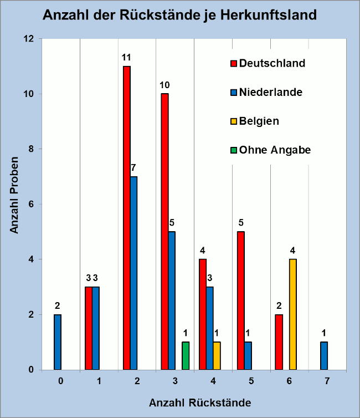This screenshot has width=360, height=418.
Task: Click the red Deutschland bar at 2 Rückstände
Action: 127,218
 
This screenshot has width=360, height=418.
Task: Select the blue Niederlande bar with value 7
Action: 134,273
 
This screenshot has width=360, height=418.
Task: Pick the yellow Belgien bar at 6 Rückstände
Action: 293,314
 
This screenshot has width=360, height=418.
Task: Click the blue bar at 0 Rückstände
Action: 58,341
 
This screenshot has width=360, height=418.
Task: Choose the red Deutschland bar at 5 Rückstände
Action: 241,300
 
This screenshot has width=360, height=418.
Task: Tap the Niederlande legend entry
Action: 266,92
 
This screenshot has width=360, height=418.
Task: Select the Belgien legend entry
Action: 254,121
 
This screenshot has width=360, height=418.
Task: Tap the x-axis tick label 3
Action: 175,381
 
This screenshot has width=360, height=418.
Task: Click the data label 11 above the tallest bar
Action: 127,57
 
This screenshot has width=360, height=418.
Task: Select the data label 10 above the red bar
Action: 164,85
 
